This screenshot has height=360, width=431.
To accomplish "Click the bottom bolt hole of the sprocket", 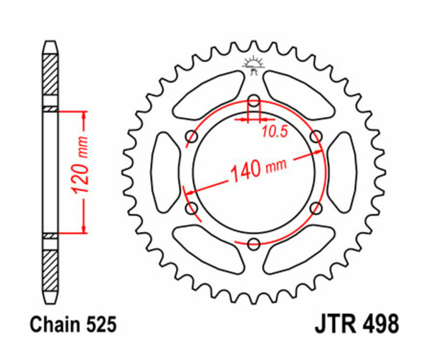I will point(254,244).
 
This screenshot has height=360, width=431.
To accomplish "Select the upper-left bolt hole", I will point(192,137).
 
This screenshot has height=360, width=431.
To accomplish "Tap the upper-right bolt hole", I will point(316,137).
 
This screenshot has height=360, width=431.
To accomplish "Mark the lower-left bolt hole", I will point(192,208).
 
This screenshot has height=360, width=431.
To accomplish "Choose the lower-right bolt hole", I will point(316,208).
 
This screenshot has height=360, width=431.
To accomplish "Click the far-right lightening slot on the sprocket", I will point(342,172).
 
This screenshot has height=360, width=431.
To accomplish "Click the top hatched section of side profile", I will point(50,75).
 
